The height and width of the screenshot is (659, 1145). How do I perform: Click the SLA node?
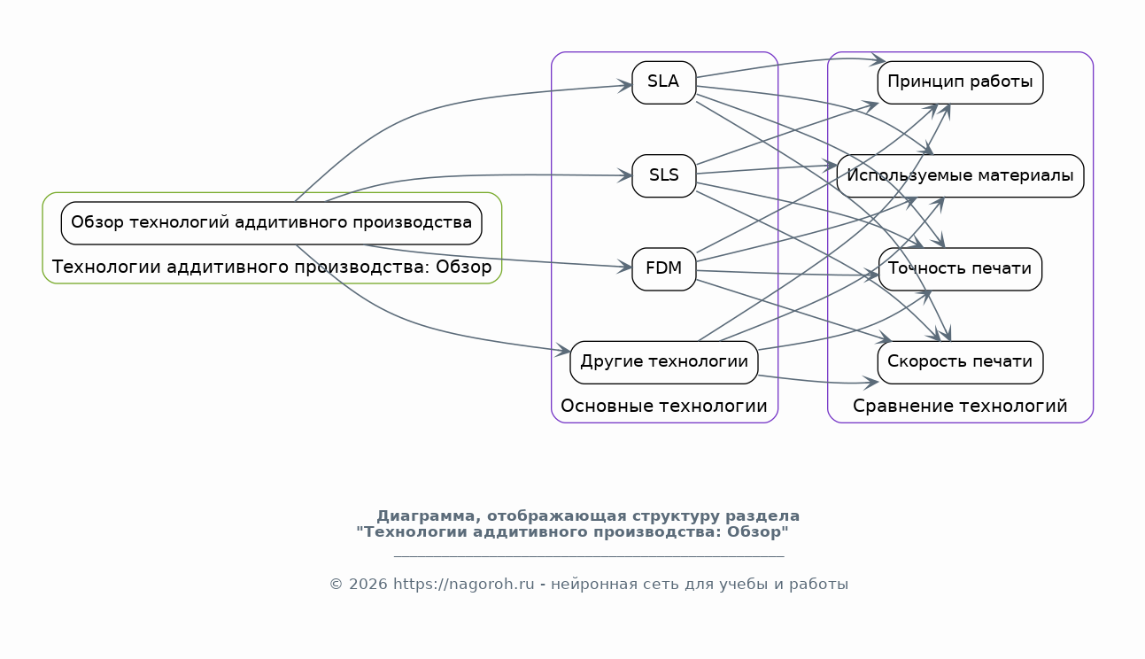coord(663,82)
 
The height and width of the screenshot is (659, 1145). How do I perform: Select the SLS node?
coord(663,175)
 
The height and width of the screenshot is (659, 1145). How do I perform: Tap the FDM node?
coord(663,268)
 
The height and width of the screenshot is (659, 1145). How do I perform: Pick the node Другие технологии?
coord(663,362)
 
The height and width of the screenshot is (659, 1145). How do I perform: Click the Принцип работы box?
coord(960,82)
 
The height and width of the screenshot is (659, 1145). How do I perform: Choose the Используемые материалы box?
coord(960,175)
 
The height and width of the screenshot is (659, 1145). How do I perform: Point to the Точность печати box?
coord(960,268)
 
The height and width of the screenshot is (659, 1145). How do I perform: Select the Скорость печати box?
coord(960,362)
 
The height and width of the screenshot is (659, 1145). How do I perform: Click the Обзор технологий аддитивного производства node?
coord(271,222)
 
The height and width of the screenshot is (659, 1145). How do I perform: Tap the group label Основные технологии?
coord(663,407)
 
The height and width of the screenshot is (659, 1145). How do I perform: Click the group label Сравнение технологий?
coord(960,407)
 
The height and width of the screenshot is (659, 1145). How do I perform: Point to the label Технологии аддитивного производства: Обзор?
coord(271,267)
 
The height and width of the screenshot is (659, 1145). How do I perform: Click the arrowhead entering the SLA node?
coord(626,86)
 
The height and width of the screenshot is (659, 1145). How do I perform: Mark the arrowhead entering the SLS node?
coord(626,175)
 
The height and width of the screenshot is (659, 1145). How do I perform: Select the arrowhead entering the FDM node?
coord(626,267)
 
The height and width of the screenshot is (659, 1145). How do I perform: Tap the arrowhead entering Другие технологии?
coord(564,352)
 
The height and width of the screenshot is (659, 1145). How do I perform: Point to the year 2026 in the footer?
coord(368,585)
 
